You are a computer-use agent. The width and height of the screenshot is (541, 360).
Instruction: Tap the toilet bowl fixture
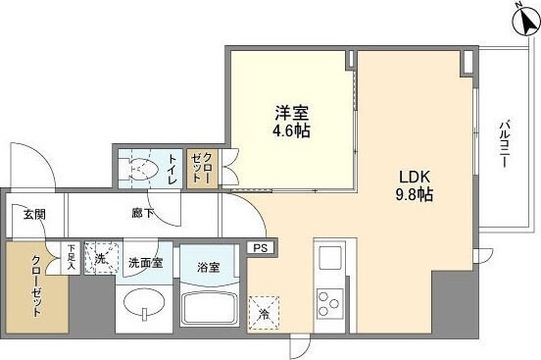point(140,169)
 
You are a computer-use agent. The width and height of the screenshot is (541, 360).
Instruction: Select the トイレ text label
point(172,168)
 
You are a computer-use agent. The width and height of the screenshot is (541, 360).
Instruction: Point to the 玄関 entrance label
point(29,214)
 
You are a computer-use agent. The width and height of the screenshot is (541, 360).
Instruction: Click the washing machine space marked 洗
point(101,258)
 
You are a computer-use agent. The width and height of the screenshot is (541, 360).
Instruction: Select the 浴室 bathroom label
point(207,266)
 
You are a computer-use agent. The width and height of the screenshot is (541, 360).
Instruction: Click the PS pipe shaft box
point(261,248)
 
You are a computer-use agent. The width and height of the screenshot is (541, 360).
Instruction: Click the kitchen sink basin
point(329,259)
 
